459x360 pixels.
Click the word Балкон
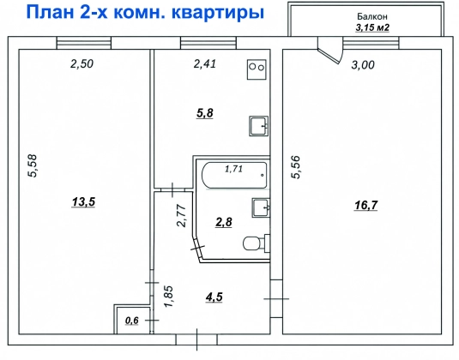(372, 16)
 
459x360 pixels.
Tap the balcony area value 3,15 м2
(372, 27)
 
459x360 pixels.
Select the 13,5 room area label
(83, 201)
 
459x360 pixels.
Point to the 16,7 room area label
(365, 206)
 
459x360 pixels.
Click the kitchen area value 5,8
(205, 113)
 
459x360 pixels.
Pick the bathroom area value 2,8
(224, 222)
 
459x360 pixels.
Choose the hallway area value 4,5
(214, 297)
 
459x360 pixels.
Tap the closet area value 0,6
(132, 321)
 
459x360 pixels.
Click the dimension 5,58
(33, 165)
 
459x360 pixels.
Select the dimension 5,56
(296, 167)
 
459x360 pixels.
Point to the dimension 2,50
(82, 63)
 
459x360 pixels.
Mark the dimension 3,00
(363, 65)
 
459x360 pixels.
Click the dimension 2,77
(182, 216)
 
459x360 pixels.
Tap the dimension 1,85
(169, 297)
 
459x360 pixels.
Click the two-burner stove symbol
(257, 69)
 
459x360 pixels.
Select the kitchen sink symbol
(259, 126)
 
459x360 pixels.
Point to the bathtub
(234, 175)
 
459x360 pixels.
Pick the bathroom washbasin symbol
(261, 207)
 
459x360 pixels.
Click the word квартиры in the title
(218, 13)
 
